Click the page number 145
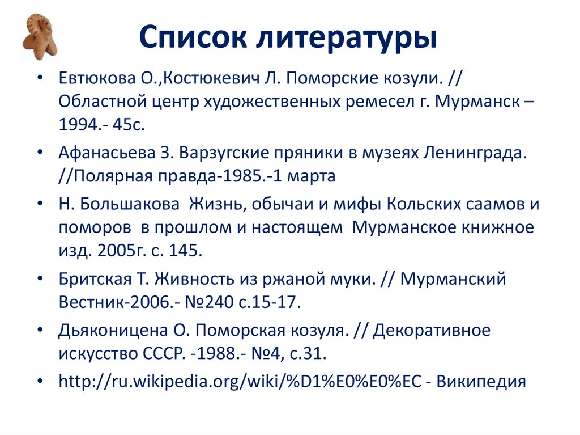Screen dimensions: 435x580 [x=183, y=251]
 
